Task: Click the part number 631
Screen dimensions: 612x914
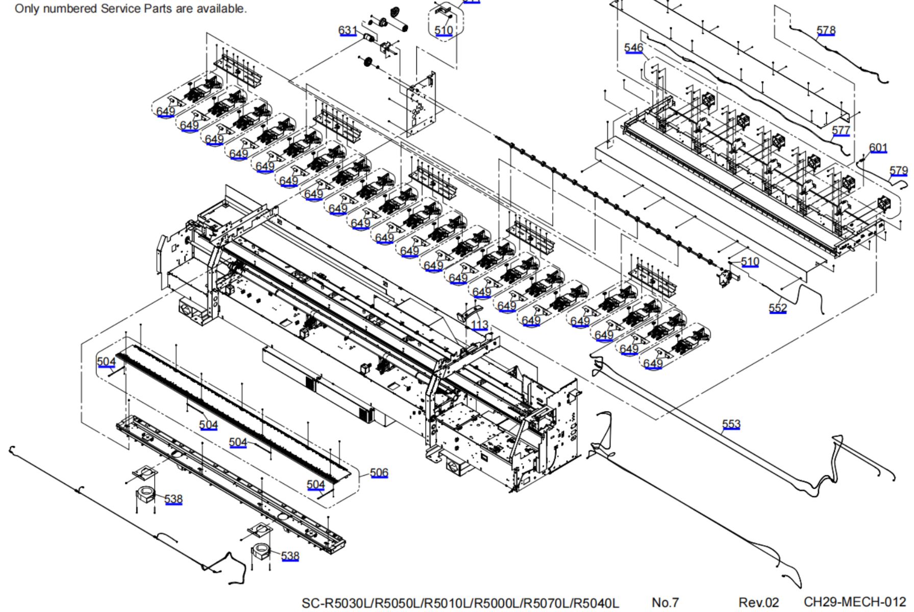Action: coord(348,30)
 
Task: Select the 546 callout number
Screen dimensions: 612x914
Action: coord(633,47)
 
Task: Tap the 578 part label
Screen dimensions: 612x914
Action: coord(826,30)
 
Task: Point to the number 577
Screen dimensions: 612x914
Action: coord(841,130)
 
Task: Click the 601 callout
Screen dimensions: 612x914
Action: coord(878,147)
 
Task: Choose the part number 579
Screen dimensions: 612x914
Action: coord(898,170)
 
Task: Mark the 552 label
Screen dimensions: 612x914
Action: coord(777,308)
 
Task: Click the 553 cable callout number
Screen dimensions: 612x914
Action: coord(731,424)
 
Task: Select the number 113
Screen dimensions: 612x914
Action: coord(479,325)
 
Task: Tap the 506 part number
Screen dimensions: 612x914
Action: coord(379,472)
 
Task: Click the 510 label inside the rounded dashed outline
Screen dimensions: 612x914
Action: coord(443,30)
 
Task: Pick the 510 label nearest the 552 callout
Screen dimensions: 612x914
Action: coord(750,262)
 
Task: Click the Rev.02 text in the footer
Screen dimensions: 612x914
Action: coord(758,602)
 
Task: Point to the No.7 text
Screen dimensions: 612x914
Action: coord(665,602)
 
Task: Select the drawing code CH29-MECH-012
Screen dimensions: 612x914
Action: coord(854,602)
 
